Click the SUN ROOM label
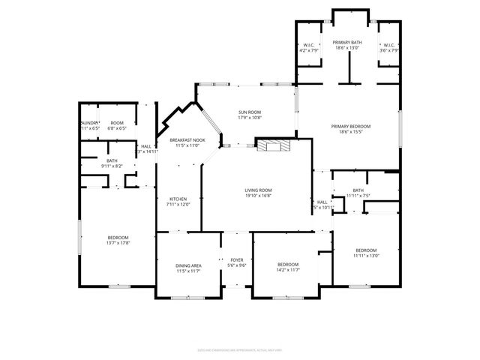[x=249, y=112]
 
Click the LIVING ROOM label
[x=258, y=190]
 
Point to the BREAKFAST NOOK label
[x=187, y=140]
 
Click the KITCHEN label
[x=178, y=199]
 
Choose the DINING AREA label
[x=188, y=265]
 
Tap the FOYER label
[x=237, y=259]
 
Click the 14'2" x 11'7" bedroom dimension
[x=288, y=270]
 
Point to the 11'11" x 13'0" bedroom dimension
[x=366, y=256]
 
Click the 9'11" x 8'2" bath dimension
[x=112, y=166]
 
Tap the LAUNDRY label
[x=90, y=123]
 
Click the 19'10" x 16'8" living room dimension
[x=258, y=196]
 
